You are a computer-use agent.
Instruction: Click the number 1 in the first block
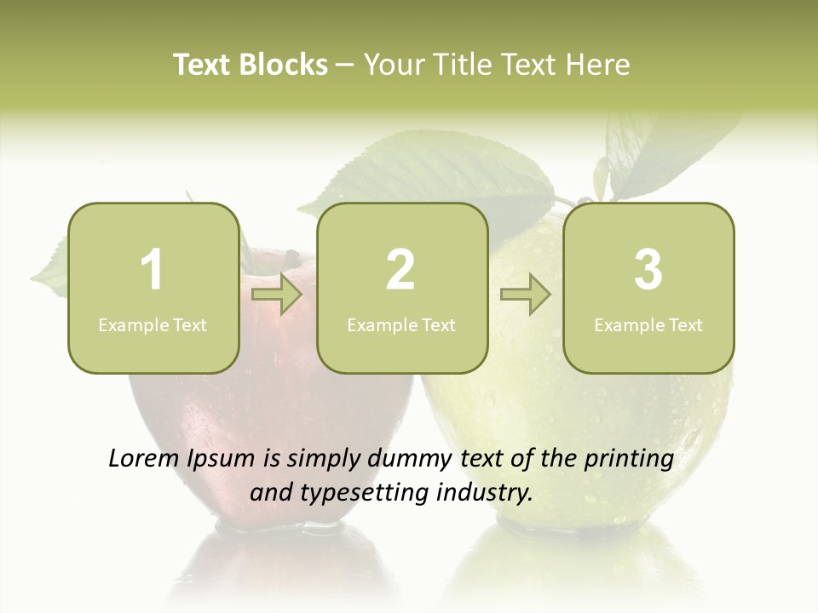(x=152, y=270)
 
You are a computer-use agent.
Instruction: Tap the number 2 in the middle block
(x=400, y=270)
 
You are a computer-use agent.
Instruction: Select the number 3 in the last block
(x=648, y=270)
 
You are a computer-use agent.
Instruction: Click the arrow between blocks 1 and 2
(x=278, y=295)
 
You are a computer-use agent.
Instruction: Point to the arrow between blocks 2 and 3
(x=526, y=295)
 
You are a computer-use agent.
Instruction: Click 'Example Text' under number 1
(x=153, y=325)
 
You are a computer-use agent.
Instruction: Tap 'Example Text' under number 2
(x=401, y=325)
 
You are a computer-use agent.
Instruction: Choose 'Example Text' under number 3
(x=648, y=325)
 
